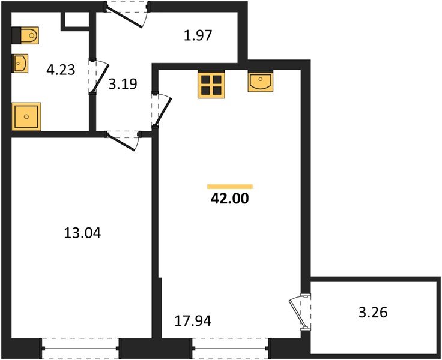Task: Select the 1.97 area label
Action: [x=198, y=36]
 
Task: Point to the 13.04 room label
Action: [x=82, y=233]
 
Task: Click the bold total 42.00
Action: [x=229, y=199]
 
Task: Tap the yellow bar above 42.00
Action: [x=229, y=187]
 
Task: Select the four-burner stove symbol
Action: [x=211, y=85]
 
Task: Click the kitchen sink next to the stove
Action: [x=261, y=82]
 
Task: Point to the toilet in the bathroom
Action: [x=27, y=36]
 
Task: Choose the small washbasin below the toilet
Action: [x=21, y=62]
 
